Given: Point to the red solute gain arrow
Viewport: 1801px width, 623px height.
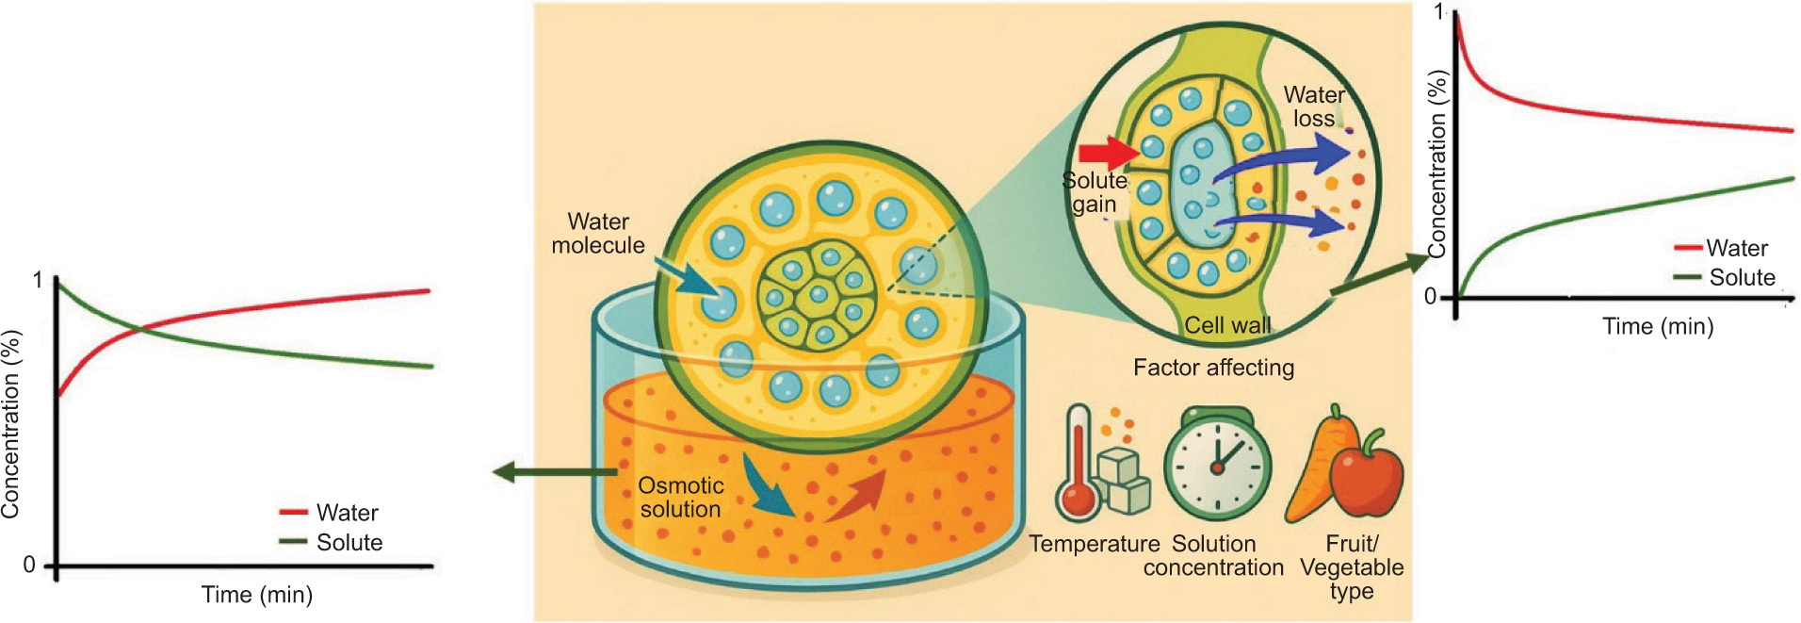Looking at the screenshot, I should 1107,153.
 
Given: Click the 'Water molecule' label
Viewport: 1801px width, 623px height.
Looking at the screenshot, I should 598,234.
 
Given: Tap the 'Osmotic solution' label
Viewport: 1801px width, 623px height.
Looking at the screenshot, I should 680,498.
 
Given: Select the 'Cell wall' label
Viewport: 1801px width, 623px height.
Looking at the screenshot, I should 1226,325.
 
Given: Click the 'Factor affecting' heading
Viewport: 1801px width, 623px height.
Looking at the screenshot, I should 1213,368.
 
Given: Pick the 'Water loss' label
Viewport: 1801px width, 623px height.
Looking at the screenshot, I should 1314,107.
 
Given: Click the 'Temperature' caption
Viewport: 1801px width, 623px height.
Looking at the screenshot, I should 1094,544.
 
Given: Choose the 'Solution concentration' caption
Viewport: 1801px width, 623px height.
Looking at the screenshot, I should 1213,556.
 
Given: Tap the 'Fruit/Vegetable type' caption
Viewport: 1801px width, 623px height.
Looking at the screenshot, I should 1352,567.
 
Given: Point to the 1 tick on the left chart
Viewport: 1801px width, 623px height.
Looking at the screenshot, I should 38,280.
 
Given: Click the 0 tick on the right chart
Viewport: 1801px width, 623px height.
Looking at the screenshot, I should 1431,297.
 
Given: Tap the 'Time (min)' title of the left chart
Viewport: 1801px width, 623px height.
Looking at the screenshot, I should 256,595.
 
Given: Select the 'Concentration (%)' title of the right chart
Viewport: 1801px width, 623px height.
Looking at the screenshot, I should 1436,165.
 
